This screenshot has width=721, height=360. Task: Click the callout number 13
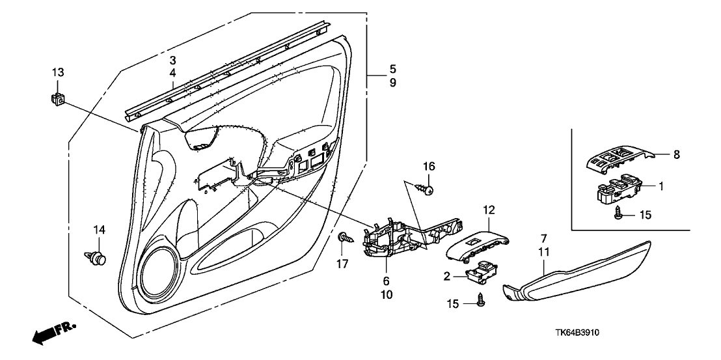point(58,71)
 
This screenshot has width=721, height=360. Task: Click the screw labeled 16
point(428,190)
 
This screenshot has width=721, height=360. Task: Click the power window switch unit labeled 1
point(619,187)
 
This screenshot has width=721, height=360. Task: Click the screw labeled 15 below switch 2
point(481,301)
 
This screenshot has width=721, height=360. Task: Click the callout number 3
point(172,60)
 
